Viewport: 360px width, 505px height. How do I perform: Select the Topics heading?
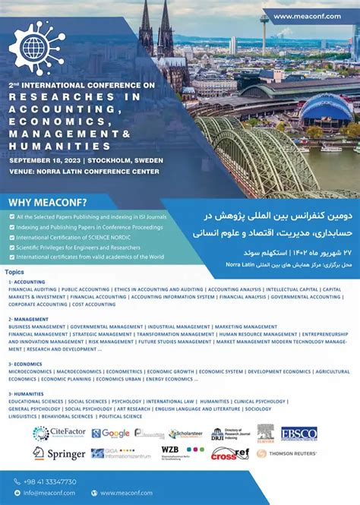tap(14, 271)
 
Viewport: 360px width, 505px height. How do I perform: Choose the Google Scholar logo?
tap(111, 433)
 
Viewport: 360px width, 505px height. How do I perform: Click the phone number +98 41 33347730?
tap(50, 481)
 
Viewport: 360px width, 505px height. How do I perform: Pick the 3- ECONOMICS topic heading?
tap(27, 364)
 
